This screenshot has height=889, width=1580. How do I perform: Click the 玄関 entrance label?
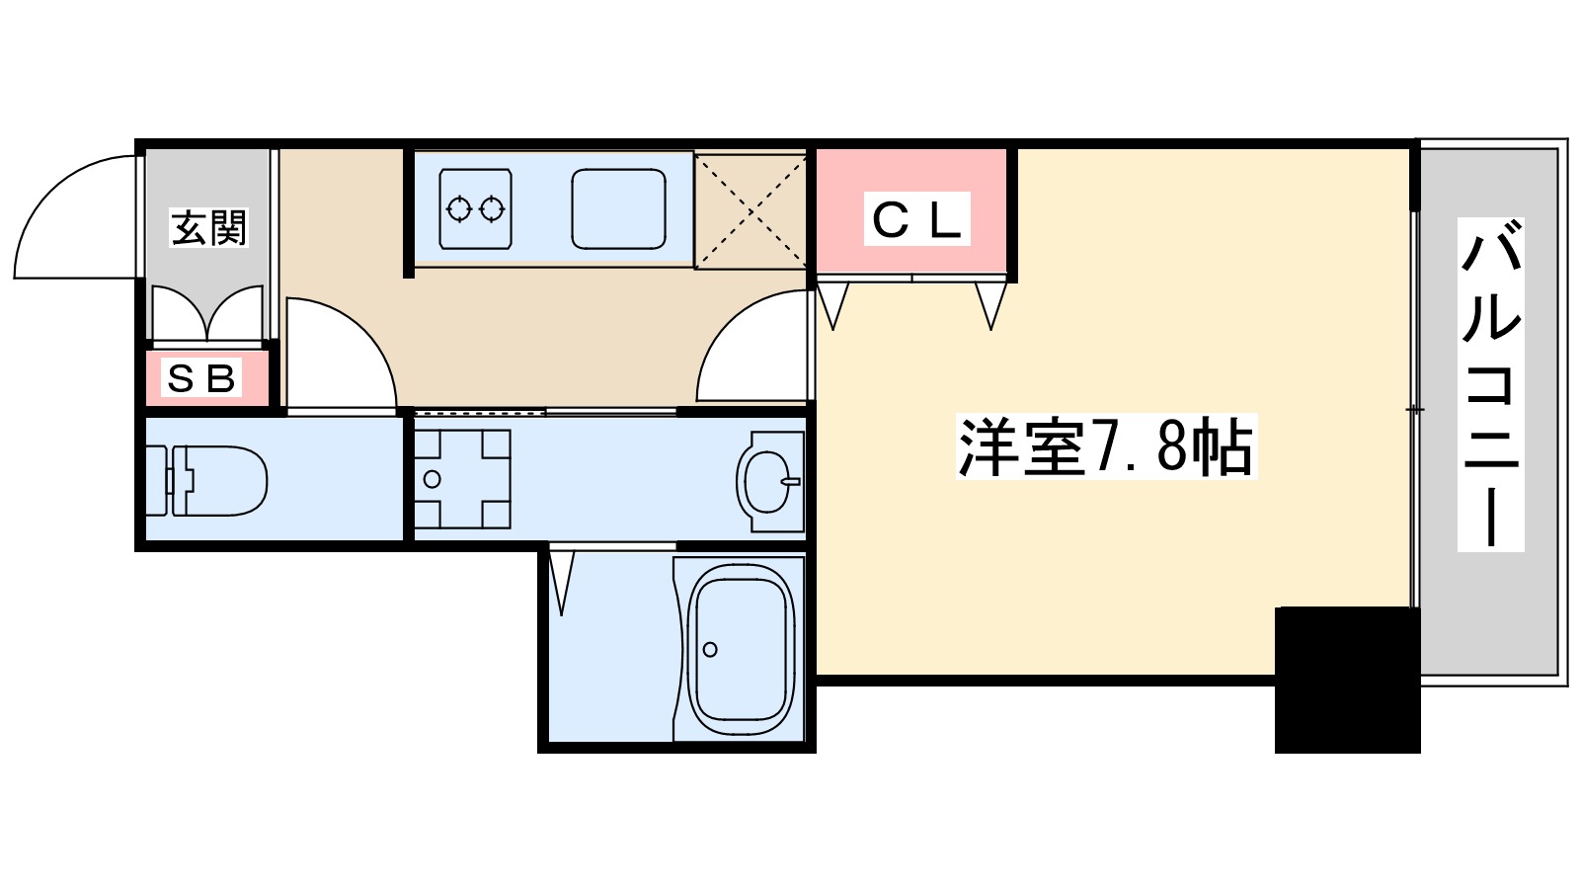(x=208, y=228)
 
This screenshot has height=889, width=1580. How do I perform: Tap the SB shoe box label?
(x=202, y=377)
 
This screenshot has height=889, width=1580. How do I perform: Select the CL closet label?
(x=916, y=219)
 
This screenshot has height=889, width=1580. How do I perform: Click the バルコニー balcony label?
(x=1490, y=385)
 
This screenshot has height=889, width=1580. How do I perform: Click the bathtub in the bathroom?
(x=741, y=649)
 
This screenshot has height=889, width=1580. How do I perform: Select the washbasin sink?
(x=769, y=481)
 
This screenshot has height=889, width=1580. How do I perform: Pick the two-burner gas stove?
(x=475, y=208)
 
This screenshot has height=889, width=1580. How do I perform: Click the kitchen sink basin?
(x=618, y=208)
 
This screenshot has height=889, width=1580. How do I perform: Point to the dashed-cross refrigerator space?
(x=750, y=209)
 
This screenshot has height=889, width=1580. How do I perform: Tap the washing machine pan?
(x=461, y=479)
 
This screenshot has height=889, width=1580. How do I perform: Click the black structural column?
(x=1347, y=680)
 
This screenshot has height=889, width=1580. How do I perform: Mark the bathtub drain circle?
(x=710, y=649)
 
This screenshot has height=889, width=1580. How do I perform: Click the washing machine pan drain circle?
(x=432, y=479)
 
